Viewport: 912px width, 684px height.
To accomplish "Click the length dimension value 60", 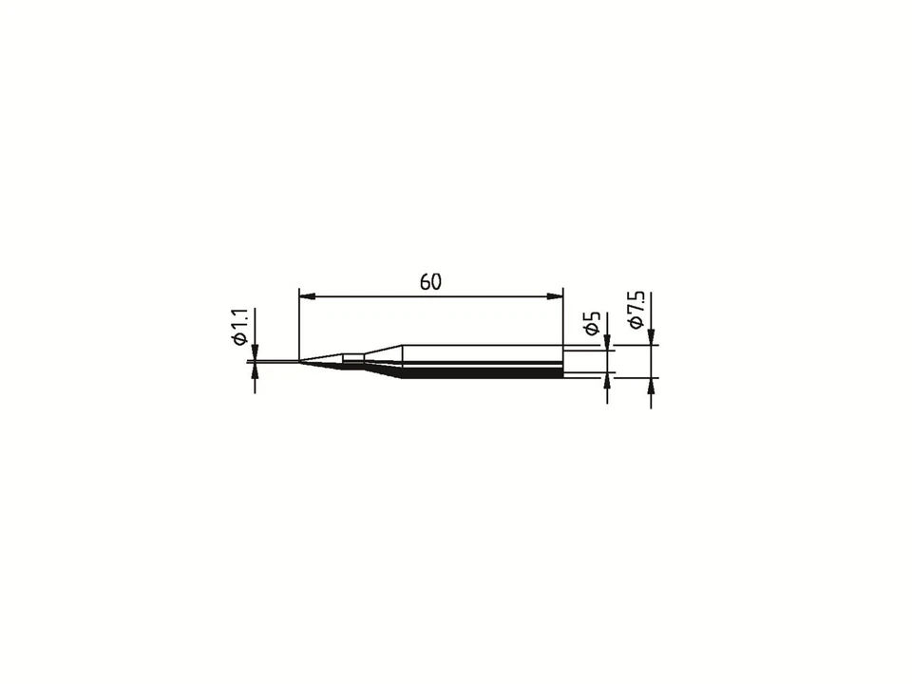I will click(430, 282).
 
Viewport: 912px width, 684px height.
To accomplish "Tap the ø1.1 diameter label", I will click(239, 327).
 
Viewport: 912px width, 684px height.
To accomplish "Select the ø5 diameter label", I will click(594, 322).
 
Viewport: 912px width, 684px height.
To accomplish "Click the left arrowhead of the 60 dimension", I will click(306, 296).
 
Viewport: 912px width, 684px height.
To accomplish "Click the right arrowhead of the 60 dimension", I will click(556, 296).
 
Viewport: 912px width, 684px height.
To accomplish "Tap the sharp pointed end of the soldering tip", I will click(300, 361).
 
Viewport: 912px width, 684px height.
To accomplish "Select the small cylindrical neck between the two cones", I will click(353, 359).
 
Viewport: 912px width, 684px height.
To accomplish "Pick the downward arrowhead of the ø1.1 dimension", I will click(255, 353).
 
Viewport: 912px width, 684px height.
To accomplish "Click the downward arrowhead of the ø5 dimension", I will click(607, 342).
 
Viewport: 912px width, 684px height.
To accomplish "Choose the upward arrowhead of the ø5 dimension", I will click(607, 382).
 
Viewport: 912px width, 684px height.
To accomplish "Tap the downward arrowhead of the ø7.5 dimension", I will click(651, 336).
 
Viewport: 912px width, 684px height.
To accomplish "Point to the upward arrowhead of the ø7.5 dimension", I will click(651, 385).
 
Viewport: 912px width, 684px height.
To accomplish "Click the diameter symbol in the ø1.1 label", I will click(239, 339).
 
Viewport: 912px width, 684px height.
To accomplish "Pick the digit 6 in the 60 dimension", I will click(424, 282).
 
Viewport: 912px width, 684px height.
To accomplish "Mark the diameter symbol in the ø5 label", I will click(594, 329).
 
